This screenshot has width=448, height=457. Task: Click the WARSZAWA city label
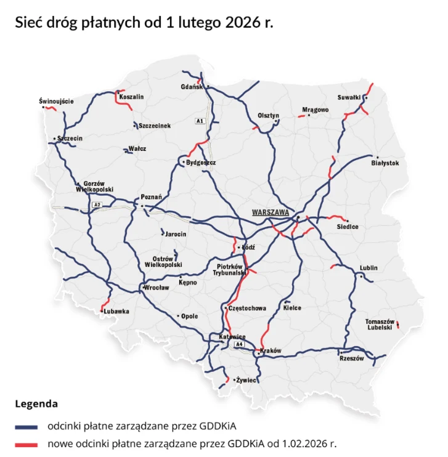click(x=271, y=212)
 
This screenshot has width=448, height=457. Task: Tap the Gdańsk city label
click(x=192, y=87)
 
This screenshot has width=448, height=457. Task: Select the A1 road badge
click(x=200, y=121)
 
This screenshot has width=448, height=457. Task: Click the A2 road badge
click(x=96, y=204)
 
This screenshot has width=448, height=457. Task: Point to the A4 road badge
click(x=239, y=345)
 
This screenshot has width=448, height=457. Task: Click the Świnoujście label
click(x=56, y=100)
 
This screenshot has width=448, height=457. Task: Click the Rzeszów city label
click(x=352, y=358)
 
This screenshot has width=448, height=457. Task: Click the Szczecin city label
click(x=70, y=139)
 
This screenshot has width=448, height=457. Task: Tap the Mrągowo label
click(x=316, y=110)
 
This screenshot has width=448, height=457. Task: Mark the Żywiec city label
click(x=247, y=380)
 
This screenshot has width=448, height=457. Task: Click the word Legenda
click(x=36, y=405)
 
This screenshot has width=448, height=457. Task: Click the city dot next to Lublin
click(x=361, y=275)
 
